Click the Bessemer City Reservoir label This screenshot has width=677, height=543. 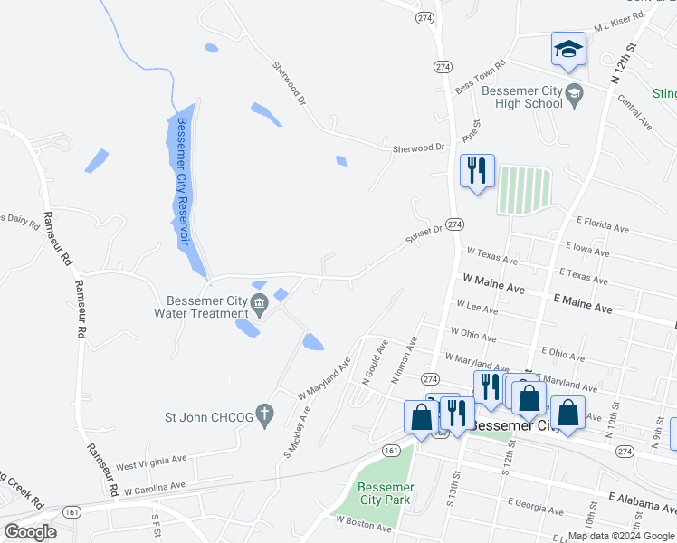click(x=183, y=181)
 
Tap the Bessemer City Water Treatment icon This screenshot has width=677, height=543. click(x=260, y=302)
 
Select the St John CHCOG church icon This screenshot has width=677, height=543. click(x=264, y=417)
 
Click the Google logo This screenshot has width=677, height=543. click(x=30, y=532)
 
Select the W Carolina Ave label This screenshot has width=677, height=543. click(x=155, y=487)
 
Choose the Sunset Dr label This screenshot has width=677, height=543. click(x=424, y=234)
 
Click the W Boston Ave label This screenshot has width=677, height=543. click(x=365, y=521)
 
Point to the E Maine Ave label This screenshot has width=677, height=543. click(x=582, y=305)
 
